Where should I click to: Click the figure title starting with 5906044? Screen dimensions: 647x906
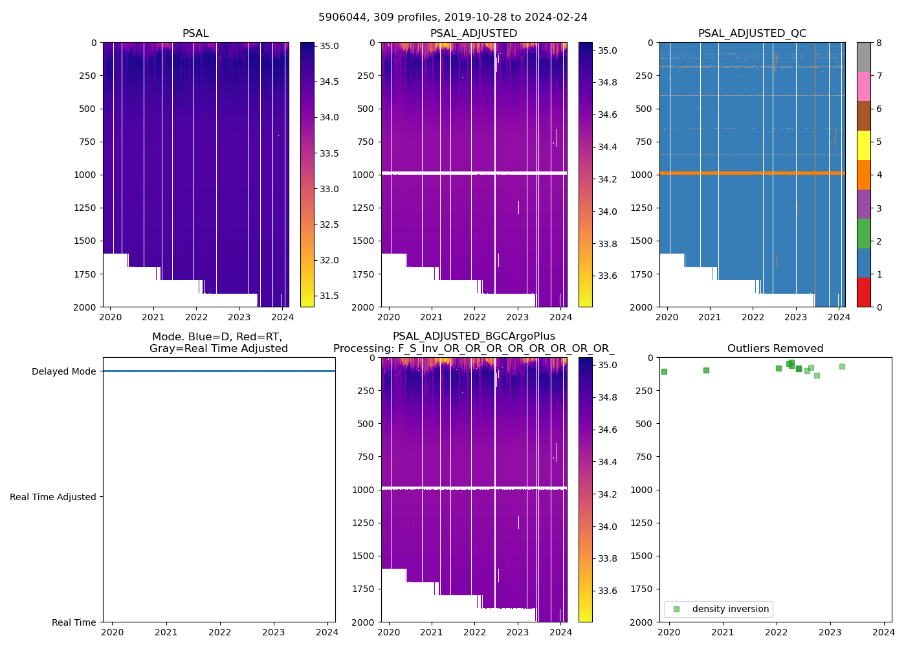[452, 17]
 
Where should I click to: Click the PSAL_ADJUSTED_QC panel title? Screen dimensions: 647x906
[752, 34]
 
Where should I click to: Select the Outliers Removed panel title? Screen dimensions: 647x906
[775, 349]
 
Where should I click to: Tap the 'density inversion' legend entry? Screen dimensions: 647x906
[730, 609]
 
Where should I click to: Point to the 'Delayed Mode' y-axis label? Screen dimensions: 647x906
[63, 371]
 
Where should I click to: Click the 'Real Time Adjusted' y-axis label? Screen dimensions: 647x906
[53, 497]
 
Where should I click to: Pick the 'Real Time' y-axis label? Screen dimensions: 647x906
[74, 622]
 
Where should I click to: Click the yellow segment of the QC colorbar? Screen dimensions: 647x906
[863, 145]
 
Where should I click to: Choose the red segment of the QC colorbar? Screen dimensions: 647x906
[863, 292]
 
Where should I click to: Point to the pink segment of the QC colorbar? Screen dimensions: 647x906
[863, 86]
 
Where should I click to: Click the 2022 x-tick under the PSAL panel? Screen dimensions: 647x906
[196, 317]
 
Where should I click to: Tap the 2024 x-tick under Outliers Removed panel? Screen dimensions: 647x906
[883, 632]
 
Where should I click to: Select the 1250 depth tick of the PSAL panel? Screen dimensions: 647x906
[85, 208]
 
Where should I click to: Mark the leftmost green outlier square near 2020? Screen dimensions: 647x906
[664, 371]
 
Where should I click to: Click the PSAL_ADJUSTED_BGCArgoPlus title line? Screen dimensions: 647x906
[474, 336]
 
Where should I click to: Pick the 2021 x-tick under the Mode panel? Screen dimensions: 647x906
[166, 632]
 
